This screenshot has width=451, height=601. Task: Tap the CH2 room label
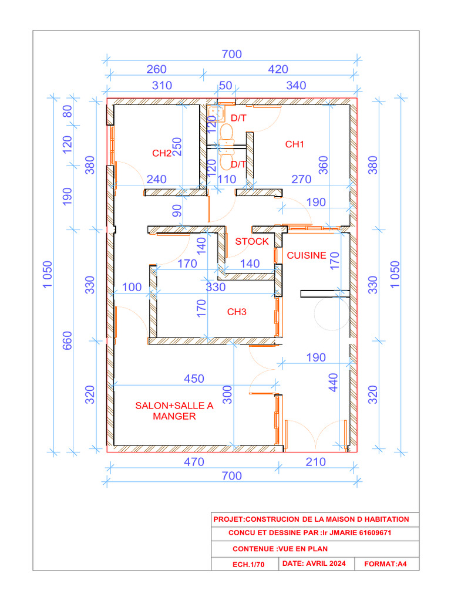[161, 153]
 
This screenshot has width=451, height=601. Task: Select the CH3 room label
[237, 312]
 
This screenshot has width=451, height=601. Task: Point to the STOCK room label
[252, 241]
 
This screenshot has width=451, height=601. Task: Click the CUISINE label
[306, 255]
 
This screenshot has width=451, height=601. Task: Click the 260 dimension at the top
[156, 69]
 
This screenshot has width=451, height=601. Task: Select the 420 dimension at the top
[278, 69]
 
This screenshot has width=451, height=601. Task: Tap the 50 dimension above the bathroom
[225, 85]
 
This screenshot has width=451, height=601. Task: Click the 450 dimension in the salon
[194, 379]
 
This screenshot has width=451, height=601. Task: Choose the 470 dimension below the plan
[194, 462]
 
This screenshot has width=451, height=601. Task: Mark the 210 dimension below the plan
[315, 462]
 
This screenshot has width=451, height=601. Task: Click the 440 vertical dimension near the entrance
[334, 383]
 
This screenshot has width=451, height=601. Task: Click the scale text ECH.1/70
[248, 564]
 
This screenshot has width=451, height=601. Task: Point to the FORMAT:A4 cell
[386, 564]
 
